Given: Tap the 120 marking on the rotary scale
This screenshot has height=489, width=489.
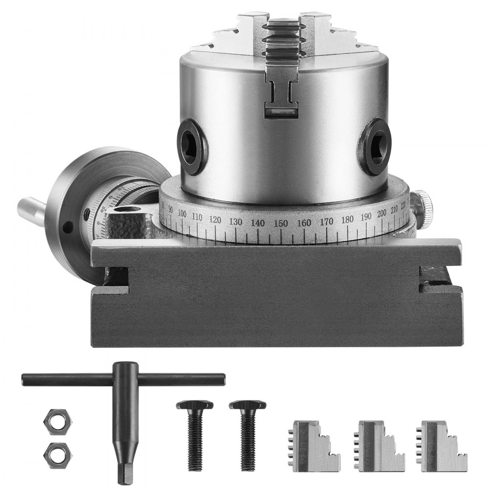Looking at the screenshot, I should (215, 220).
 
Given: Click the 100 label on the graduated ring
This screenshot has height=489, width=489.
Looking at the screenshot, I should (182, 213).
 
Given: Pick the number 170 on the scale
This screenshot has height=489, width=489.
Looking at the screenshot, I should (327, 222).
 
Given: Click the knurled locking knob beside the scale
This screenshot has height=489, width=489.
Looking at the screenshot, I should (423, 205).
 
